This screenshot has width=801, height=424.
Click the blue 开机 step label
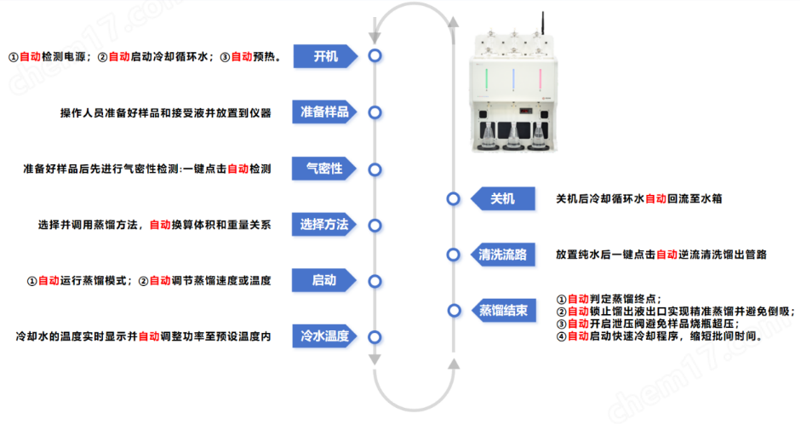[324, 56]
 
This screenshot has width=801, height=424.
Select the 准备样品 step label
[324, 112]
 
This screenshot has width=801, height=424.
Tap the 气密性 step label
[324, 169]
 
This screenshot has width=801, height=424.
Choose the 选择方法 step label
[324, 225]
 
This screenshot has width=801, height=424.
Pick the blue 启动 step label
[324, 280]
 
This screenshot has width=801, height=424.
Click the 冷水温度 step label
[324, 336]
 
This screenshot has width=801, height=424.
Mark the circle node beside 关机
[454, 198]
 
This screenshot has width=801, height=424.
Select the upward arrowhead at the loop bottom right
[454, 365]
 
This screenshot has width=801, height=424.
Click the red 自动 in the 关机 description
[655, 198]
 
